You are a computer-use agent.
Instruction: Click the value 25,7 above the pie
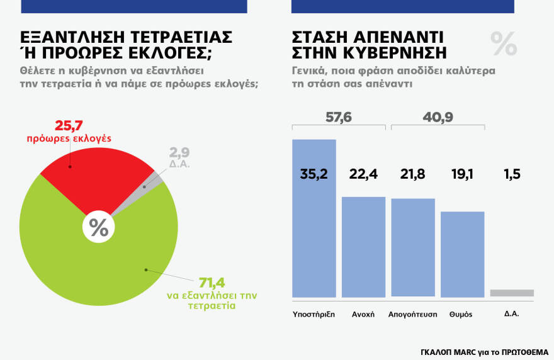click(69, 125)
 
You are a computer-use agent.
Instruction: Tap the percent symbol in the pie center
click(98, 227)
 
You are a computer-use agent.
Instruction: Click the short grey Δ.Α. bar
click(511, 293)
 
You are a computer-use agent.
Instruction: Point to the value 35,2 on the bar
click(314, 174)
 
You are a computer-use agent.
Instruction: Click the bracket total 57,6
click(339, 116)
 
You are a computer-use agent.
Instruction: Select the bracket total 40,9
click(438, 116)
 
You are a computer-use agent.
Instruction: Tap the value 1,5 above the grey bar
click(511, 174)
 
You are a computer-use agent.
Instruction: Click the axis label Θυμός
click(461, 314)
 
